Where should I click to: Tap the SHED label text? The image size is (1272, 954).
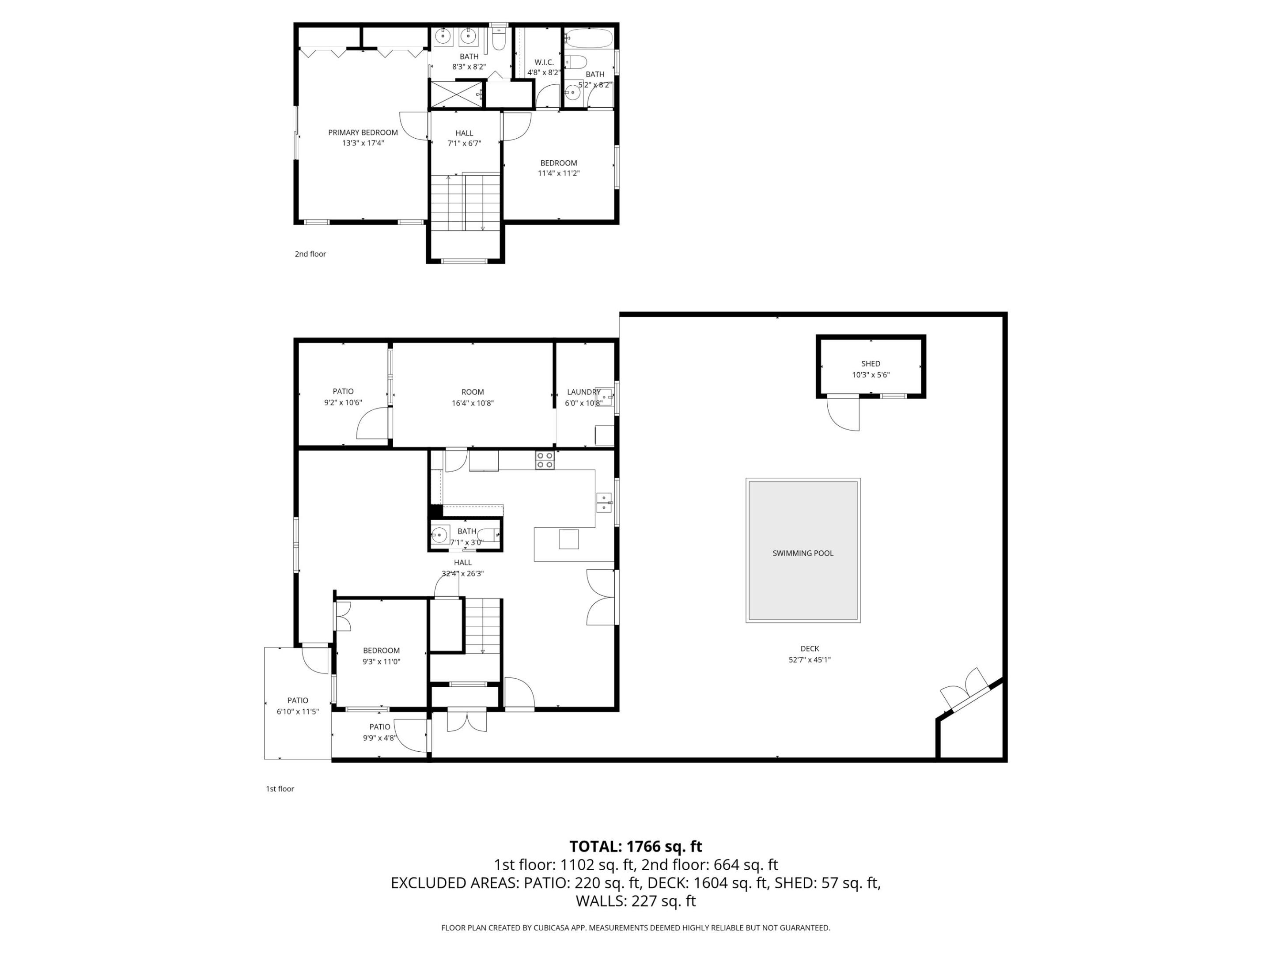tap(870, 363)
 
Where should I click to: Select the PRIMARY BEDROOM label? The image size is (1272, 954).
tap(363, 132)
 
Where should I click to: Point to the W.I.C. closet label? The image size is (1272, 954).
tap(544, 62)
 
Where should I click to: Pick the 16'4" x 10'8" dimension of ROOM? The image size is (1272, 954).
tap(472, 403)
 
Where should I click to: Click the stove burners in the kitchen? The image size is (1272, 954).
tap(545, 460)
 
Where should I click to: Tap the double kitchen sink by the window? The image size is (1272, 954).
tap(603, 502)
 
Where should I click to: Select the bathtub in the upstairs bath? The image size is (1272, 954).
tap(588, 38)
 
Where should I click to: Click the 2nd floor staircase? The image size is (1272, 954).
tap(465, 201)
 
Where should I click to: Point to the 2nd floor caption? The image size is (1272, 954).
tap(310, 254)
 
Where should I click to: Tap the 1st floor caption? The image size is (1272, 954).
tap(280, 788)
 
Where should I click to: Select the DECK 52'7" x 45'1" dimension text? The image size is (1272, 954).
tap(809, 659)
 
